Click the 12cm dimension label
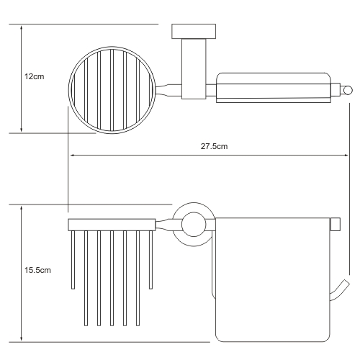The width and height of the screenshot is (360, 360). click(35, 76)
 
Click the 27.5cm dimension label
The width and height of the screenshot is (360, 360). click(214, 146)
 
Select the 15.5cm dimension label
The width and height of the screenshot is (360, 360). click(37, 270)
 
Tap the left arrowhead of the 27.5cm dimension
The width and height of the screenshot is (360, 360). click(72, 156)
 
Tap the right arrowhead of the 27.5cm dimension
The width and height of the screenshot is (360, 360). click(346, 156)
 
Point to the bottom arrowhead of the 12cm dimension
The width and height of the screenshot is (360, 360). click(22, 130)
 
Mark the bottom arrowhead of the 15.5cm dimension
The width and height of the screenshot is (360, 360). click(22, 338)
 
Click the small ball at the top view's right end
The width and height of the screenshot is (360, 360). click(348, 90)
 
